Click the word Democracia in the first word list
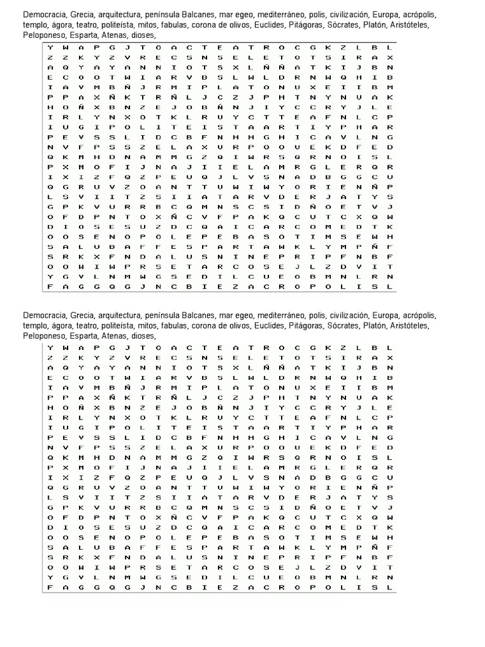pos(44,14)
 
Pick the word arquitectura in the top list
pos(124,14)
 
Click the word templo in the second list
pos(35,325)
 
